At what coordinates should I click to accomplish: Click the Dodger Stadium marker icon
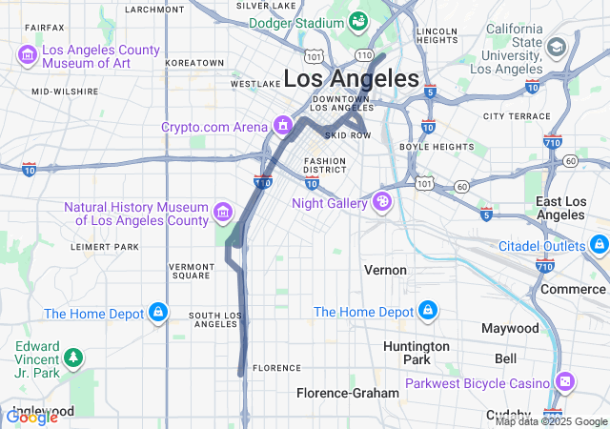coord(358,20)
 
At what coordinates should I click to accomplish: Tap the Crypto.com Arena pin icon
coord(282,126)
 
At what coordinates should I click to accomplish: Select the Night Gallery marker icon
coord(382,202)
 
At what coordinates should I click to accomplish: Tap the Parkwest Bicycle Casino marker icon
coord(566,382)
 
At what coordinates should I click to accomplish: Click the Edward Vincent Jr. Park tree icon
coord(73,358)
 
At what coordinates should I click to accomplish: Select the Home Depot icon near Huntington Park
coord(427,312)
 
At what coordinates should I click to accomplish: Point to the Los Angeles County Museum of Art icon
coord(28,56)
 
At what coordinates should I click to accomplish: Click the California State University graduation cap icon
coord(556,46)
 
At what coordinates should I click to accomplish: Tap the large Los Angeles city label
coord(352,78)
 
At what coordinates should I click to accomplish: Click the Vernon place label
coord(385,270)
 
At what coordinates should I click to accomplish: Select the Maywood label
coord(510,327)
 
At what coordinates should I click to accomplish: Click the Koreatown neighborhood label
coord(193,63)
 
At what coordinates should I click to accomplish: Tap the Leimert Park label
coord(105,246)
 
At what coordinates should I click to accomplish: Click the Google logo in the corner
coord(31,417)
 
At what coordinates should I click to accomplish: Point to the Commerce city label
coord(573,289)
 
